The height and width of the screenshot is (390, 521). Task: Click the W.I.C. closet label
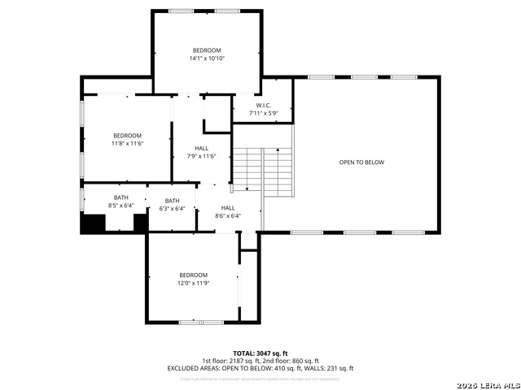262,105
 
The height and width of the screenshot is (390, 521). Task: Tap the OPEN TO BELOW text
361,162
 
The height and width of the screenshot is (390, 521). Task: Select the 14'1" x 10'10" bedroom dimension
206,58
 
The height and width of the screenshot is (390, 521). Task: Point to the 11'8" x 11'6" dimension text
127,144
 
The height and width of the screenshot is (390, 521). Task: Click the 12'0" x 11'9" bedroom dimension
194,284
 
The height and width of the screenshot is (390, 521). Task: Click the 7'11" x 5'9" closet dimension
263,113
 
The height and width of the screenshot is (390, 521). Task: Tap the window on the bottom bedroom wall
201,322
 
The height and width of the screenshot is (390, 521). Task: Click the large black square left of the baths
93,223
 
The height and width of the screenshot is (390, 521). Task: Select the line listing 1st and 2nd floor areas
260,362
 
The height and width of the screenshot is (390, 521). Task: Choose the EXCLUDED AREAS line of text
260,369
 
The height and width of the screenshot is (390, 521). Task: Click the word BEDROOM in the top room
206,50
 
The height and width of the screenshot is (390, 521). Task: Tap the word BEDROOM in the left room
127,136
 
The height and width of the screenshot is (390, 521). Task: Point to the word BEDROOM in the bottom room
194,275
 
